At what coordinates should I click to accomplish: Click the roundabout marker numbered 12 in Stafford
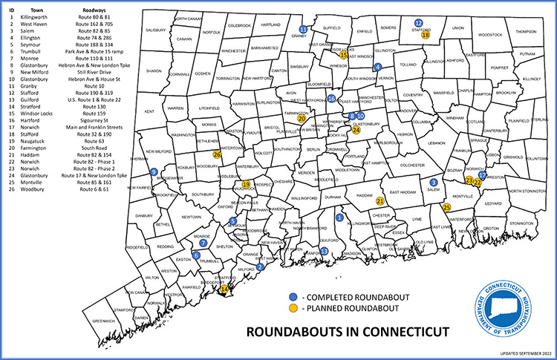[418, 23]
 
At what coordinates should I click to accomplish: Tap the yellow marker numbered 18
[425, 34]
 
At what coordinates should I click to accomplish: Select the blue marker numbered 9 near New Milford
[153, 171]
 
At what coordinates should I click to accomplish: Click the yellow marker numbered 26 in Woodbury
[217, 154]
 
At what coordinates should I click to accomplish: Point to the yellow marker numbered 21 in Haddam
[380, 201]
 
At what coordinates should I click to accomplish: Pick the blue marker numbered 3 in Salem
[434, 182]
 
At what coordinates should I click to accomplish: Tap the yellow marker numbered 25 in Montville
[446, 207]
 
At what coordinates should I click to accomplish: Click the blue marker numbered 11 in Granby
[302, 29]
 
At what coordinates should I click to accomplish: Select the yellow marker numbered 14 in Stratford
[225, 289]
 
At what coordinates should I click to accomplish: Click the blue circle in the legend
[293, 295]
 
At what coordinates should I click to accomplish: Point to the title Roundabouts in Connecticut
[348, 329]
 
